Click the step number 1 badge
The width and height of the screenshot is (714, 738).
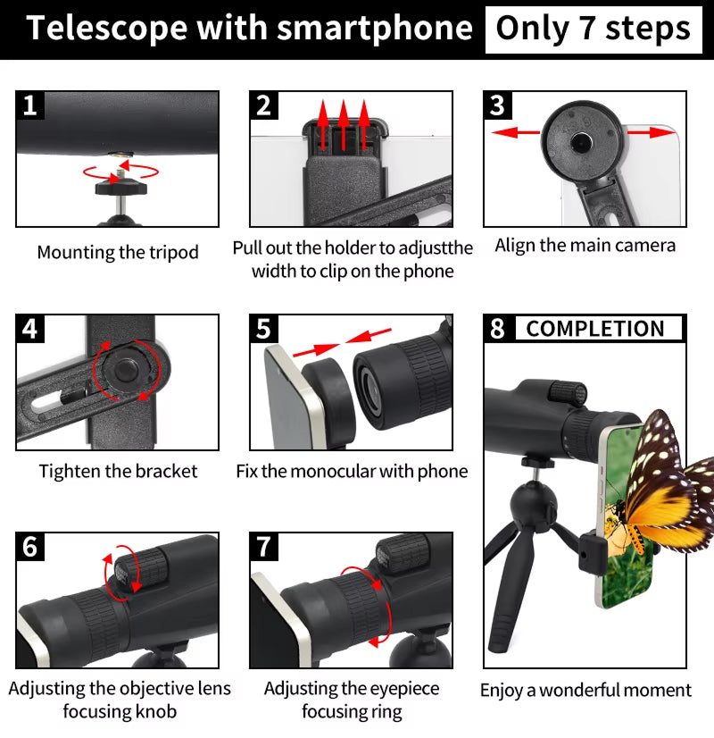pyautogui.click(x=30, y=106)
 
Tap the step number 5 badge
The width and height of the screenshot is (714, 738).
pyautogui.click(x=263, y=329)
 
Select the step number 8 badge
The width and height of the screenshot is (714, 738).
pyautogui.click(x=497, y=329)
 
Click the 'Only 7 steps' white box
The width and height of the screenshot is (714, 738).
pyautogui.click(x=593, y=29)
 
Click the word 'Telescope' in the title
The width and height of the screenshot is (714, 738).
pyautogui.click(x=106, y=29)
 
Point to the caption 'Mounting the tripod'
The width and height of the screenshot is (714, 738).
pyautogui.click(x=117, y=253)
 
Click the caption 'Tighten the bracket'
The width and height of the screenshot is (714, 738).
pyautogui.click(x=118, y=471)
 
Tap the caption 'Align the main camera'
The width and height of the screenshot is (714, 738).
pyautogui.click(x=585, y=246)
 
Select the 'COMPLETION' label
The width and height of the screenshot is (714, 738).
pyautogui.click(x=595, y=329)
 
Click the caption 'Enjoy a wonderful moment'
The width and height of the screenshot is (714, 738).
pyautogui.click(x=585, y=690)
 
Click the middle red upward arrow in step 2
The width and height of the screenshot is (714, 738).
pyautogui.click(x=344, y=125)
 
